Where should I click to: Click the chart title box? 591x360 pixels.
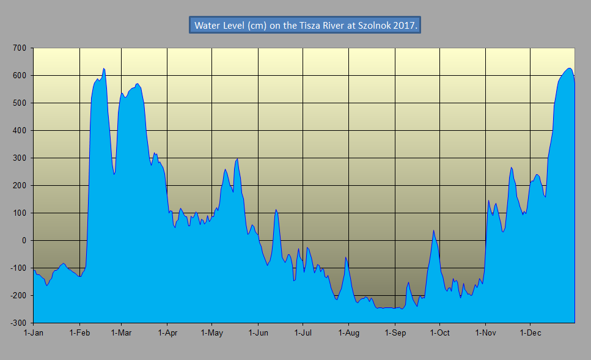pos(305,26)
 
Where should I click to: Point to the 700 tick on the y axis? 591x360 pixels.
pos(20,48)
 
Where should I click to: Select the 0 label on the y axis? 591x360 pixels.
pos(24,240)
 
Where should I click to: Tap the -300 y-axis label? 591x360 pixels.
pos(18,323)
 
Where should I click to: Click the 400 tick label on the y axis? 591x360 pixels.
pos(20,130)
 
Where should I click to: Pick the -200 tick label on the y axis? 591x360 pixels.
pos(18,295)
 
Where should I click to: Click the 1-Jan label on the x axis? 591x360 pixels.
pos(34,333)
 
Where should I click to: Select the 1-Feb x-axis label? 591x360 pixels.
pos(80,333)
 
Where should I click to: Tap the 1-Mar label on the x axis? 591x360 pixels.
pos(121,333)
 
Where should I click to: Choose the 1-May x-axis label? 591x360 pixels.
pos(211,333)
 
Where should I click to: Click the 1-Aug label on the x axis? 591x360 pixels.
pos(348,333)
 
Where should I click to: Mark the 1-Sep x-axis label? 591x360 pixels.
pos(395,333)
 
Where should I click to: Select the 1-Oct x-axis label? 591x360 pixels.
pos(440,333)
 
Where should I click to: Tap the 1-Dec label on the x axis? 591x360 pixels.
pos(530,333)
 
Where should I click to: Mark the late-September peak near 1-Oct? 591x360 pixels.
pos(433,230)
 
